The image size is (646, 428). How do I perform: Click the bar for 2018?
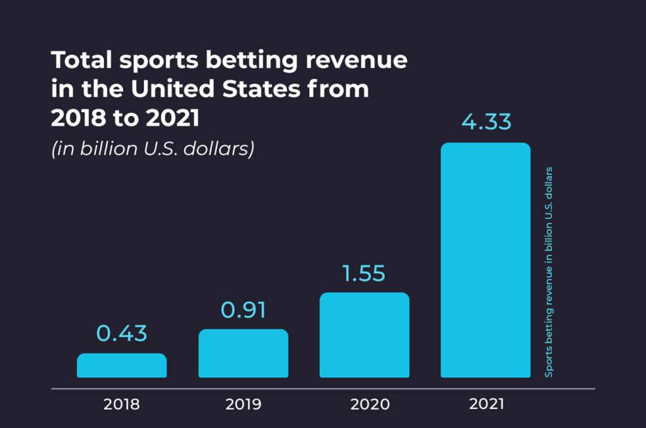click(x=122, y=366)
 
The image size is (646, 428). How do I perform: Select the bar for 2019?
click(x=244, y=354)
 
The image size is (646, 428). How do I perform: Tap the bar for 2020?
click(x=365, y=335)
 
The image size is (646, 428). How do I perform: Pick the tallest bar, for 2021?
click(x=485, y=260)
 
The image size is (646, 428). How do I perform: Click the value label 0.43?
click(x=122, y=334)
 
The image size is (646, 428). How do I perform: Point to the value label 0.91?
click(x=244, y=310)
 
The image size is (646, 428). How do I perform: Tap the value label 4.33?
click(x=485, y=121)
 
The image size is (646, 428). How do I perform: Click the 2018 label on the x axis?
click(x=122, y=404)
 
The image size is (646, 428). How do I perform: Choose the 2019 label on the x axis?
click(x=244, y=404)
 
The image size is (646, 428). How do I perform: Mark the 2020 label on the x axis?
click(x=365, y=404)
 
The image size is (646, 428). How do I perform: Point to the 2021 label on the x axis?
click(x=486, y=404)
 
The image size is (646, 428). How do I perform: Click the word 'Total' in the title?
click(x=76, y=61)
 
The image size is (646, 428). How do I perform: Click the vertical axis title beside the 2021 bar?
click(x=549, y=271)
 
